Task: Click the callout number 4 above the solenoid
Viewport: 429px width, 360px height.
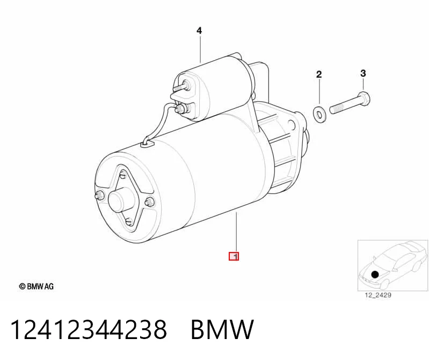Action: tap(199, 31)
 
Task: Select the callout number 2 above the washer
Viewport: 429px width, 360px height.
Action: tap(319, 74)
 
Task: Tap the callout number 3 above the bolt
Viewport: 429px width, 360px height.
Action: tap(363, 73)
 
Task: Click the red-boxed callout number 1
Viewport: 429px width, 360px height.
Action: tap(234, 256)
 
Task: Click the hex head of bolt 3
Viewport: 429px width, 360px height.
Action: tap(363, 99)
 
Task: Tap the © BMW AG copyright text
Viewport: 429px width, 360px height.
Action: tap(37, 286)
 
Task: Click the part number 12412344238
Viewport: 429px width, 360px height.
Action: tap(89, 329)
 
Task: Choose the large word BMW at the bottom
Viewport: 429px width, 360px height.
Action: tap(222, 329)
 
